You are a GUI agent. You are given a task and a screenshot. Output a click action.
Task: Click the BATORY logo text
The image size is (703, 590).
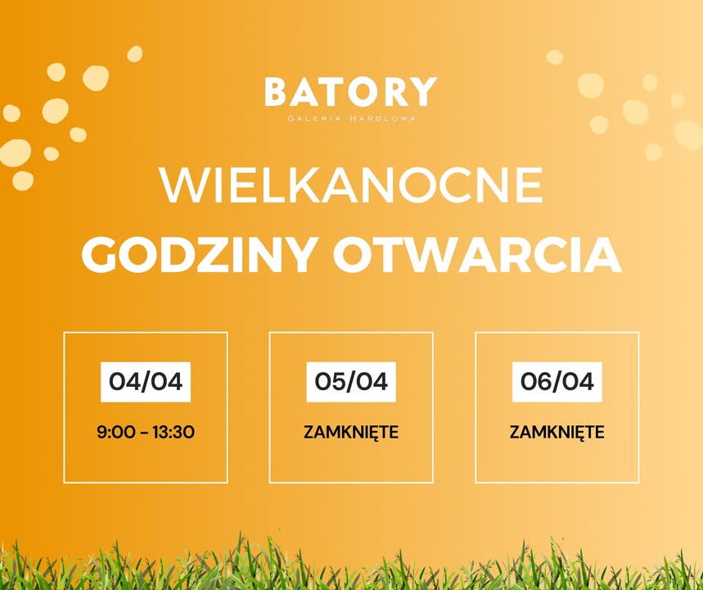coord(350,92)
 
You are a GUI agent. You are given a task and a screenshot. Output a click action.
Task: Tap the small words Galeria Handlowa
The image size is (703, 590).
coord(351,118)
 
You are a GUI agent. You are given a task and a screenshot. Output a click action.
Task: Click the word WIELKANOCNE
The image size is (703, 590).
coord(351,187)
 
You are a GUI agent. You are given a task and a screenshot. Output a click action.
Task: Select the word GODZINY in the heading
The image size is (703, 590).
coord(197,255)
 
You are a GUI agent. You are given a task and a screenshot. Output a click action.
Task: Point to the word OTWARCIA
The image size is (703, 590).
coord(476,255)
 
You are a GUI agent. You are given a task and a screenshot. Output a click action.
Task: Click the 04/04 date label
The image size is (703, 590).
coord(145,382)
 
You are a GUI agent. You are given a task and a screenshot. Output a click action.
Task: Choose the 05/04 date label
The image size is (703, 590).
coord(351,382)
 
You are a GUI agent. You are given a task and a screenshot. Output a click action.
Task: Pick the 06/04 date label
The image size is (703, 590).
coord(557,382)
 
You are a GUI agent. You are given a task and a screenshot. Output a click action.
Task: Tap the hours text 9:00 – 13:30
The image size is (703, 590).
coord(145,432)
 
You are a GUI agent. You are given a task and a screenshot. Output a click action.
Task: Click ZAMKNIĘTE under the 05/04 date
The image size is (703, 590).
coord(351,432)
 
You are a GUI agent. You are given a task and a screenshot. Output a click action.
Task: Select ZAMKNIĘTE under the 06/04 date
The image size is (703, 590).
coord(557,432)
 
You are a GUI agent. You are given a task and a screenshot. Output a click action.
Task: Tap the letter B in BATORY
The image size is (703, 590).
coord(276,92)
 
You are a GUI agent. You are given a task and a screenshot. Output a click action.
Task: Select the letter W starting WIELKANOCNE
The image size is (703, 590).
coord(182,187)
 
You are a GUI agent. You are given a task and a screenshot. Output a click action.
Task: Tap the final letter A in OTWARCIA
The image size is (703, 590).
coord(604,255)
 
